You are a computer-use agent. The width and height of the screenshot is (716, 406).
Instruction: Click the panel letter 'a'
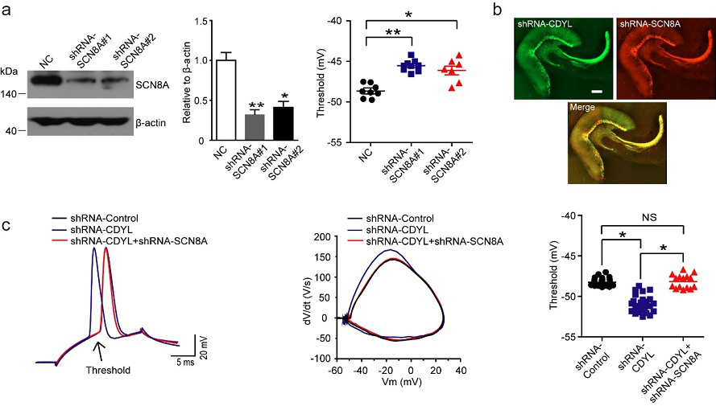pyautogui.click(x=7, y=10)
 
